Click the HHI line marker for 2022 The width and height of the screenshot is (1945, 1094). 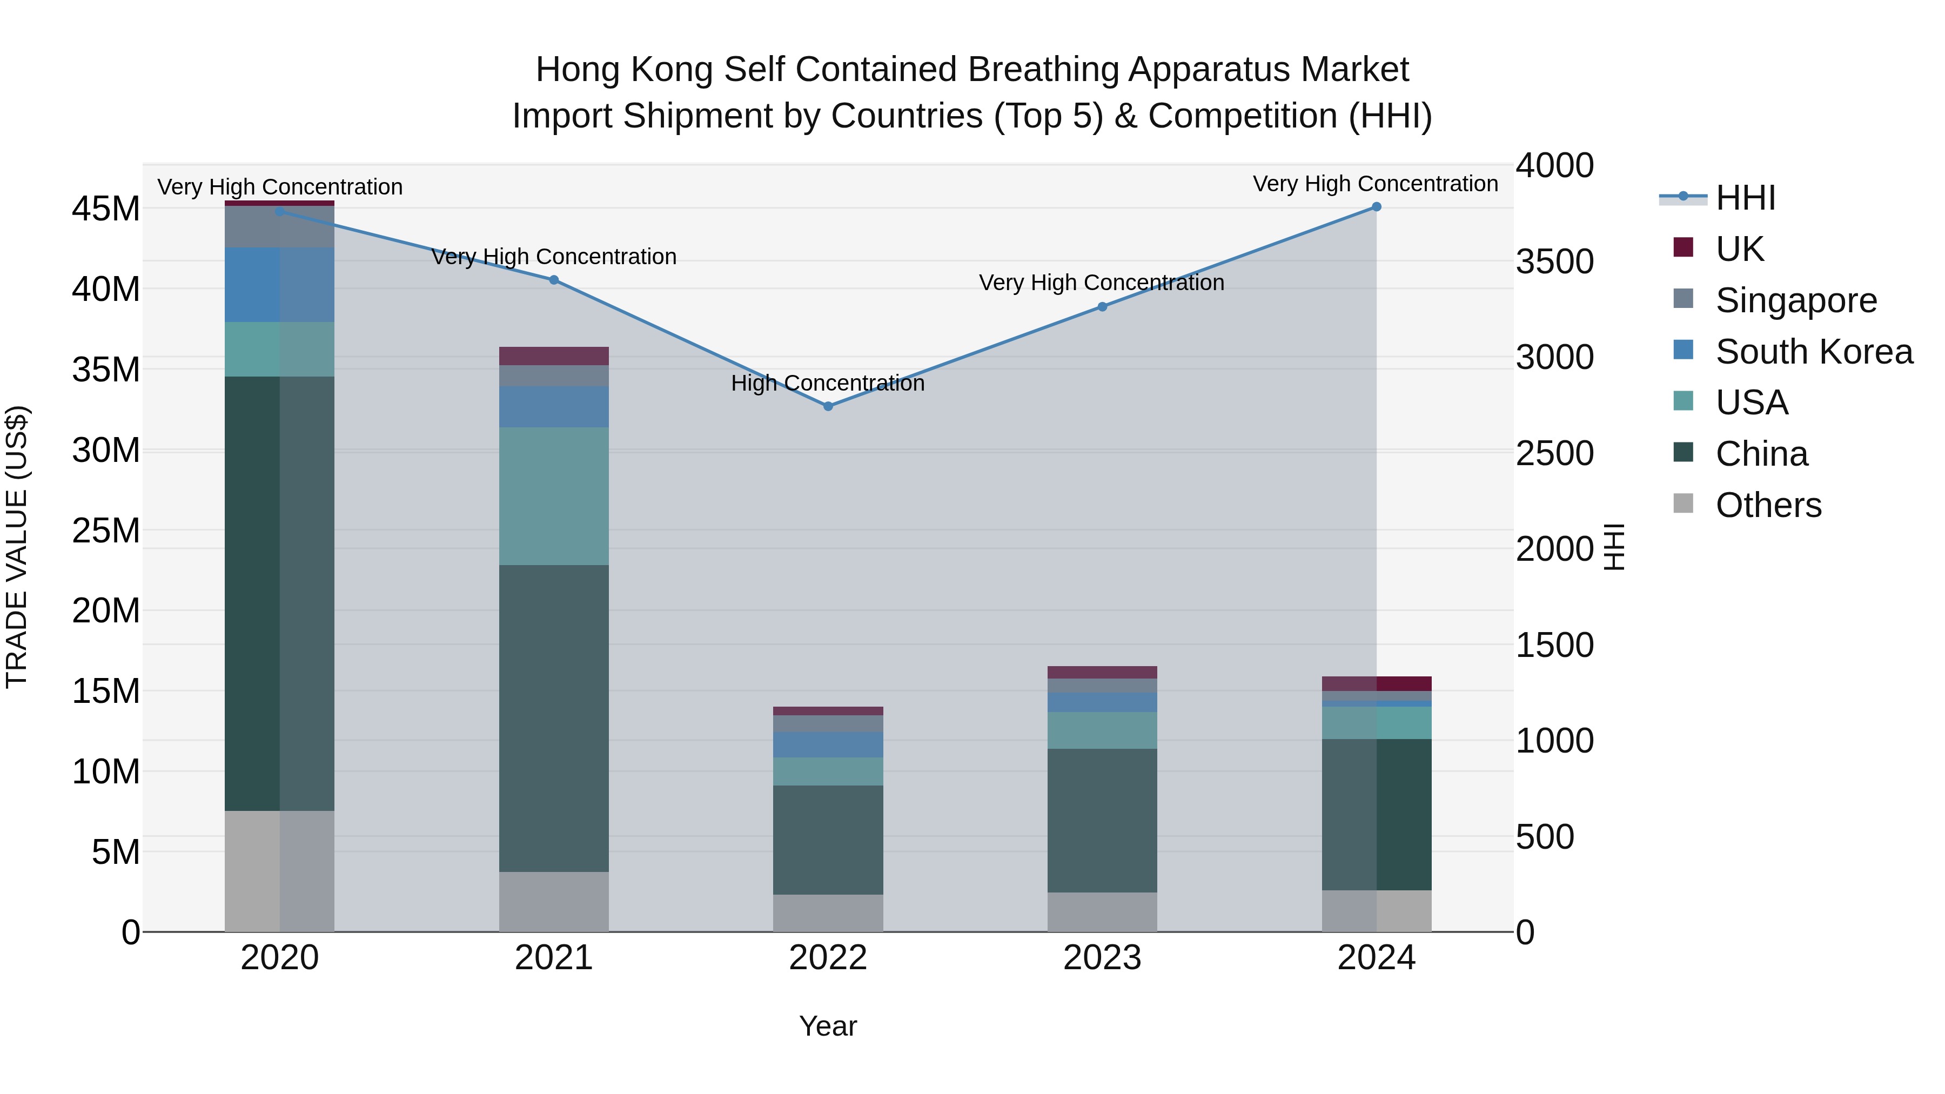(x=828, y=406)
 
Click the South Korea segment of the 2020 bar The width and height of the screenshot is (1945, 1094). (x=279, y=285)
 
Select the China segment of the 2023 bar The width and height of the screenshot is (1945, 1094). (x=1102, y=820)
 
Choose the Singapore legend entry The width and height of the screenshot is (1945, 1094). (x=1795, y=300)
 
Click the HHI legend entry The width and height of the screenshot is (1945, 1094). (x=1745, y=199)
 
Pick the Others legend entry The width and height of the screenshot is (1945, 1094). (x=1768, y=505)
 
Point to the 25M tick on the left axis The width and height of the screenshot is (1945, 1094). (x=106, y=531)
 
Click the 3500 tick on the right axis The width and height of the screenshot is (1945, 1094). (x=1554, y=262)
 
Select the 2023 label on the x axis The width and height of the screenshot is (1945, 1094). (x=1102, y=958)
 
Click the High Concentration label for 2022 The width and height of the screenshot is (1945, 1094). (x=828, y=384)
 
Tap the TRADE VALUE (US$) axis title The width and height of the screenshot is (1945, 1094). (x=17, y=547)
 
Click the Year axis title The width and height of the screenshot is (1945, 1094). (x=828, y=1026)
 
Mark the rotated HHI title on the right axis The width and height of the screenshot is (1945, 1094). (x=1613, y=547)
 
